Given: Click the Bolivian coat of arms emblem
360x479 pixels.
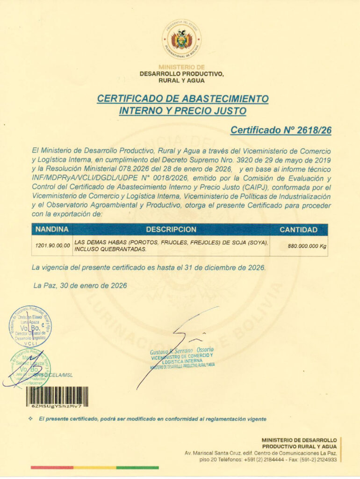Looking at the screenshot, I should point(181,39).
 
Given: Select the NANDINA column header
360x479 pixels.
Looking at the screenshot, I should point(52,230).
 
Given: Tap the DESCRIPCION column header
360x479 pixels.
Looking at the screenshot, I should point(171,230).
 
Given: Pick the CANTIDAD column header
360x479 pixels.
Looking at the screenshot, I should point(298,230).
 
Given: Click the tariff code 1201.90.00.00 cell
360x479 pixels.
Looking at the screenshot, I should point(52,246).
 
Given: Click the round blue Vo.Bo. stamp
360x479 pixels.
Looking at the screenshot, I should point(30,326).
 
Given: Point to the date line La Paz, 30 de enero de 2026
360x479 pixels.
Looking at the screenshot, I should point(80,285).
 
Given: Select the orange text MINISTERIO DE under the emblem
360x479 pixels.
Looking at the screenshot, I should point(182,67).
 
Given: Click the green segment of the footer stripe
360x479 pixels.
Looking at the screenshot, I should point(137,467).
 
